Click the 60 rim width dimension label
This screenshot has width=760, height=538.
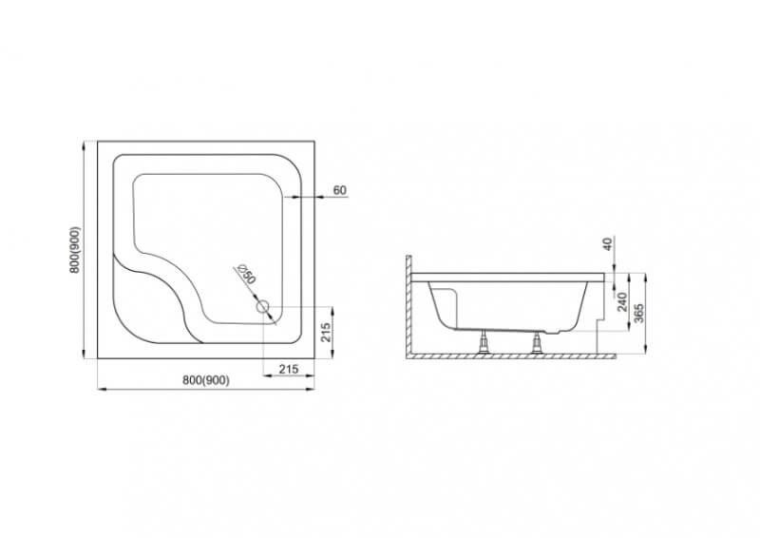[x=340, y=190]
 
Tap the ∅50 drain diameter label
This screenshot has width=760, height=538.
[x=246, y=274]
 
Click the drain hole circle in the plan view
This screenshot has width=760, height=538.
[x=262, y=307]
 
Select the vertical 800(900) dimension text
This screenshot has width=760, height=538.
[x=75, y=250]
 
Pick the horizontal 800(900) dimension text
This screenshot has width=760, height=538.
[x=206, y=380]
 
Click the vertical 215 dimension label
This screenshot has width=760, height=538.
[x=326, y=333]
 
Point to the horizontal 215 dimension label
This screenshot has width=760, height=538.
[x=289, y=369]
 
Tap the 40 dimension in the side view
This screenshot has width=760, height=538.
[x=608, y=243]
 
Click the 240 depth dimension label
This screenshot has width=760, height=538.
[x=623, y=301]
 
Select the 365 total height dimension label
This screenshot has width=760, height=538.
[x=638, y=314]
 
